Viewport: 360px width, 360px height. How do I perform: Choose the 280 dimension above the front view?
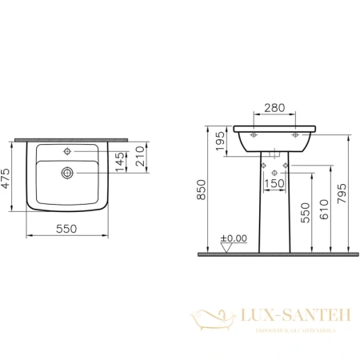coord(274,107)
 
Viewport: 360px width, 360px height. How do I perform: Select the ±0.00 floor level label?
coord(237,238)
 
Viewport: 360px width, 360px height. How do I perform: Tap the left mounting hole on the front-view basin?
coord(255,137)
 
